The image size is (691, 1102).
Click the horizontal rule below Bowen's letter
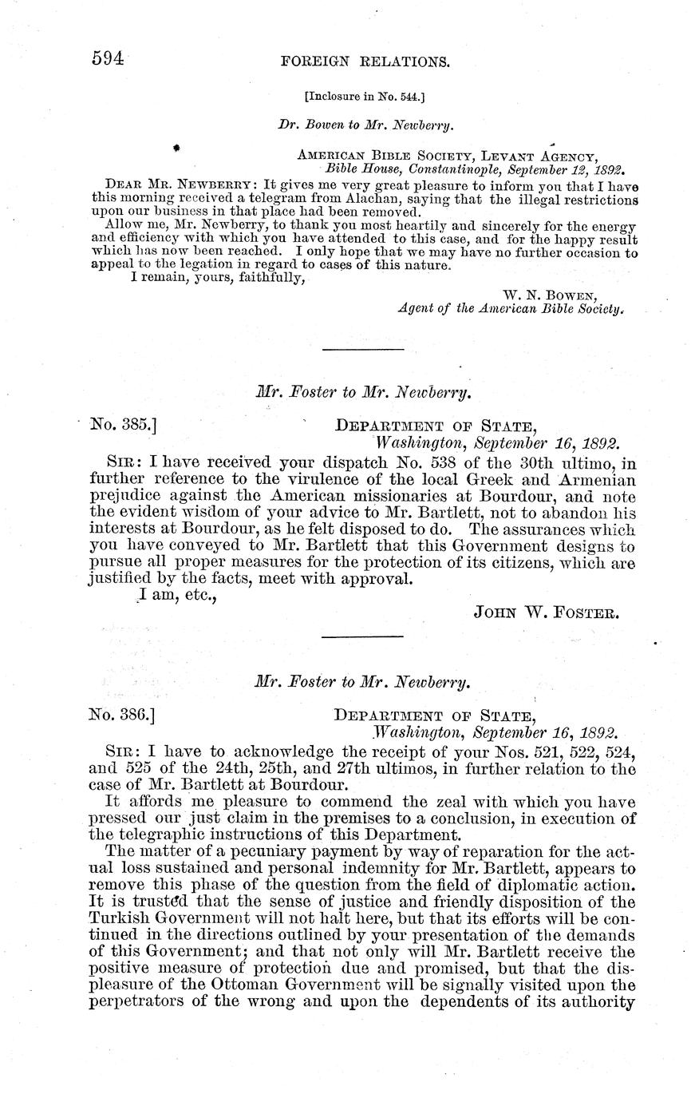(x=362, y=349)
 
